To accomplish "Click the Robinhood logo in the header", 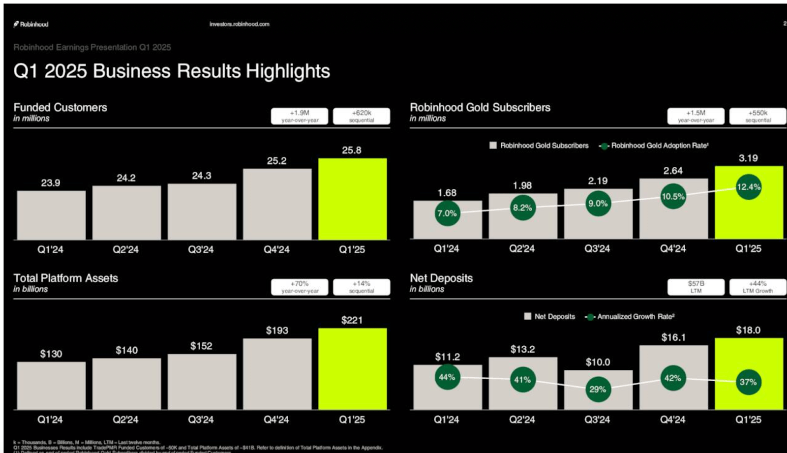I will click(x=31, y=24).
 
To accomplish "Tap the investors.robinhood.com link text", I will click(x=239, y=24).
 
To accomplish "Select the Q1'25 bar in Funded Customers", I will click(x=352, y=199).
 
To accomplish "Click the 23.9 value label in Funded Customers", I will click(x=51, y=183).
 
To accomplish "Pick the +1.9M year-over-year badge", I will click(x=300, y=116).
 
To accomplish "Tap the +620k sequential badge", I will click(x=362, y=116).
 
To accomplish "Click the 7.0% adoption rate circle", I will click(x=447, y=213).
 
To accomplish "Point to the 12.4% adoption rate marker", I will click(x=748, y=187).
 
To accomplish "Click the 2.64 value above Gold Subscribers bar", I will click(x=673, y=171).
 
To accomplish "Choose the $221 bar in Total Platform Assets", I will click(x=352, y=369).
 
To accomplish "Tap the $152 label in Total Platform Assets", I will click(x=201, y=346).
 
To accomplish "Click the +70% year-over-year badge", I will click(x=300, y=287).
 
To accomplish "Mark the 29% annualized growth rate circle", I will click(x=598, y=389).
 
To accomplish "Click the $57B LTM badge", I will click(x=696, y=287).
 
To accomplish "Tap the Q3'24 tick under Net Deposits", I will click(x=597, y=420).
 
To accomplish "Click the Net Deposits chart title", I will click(x=441, y=278).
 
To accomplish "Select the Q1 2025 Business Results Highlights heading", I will click(x=172, y=71).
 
